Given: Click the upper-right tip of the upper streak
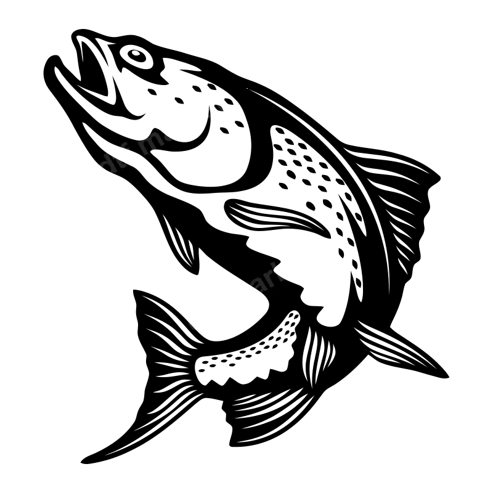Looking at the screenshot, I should (x=215, y=93).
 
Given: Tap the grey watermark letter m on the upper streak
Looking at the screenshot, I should (x=151, y=144).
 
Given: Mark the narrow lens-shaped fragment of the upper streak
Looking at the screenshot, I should (x=126, y=155).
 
